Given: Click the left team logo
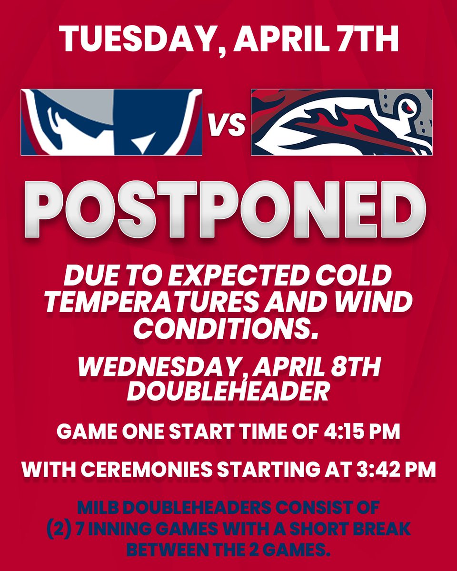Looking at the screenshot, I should click(x=111, y=122).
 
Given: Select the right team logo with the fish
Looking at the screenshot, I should click(x=341, y=122).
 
